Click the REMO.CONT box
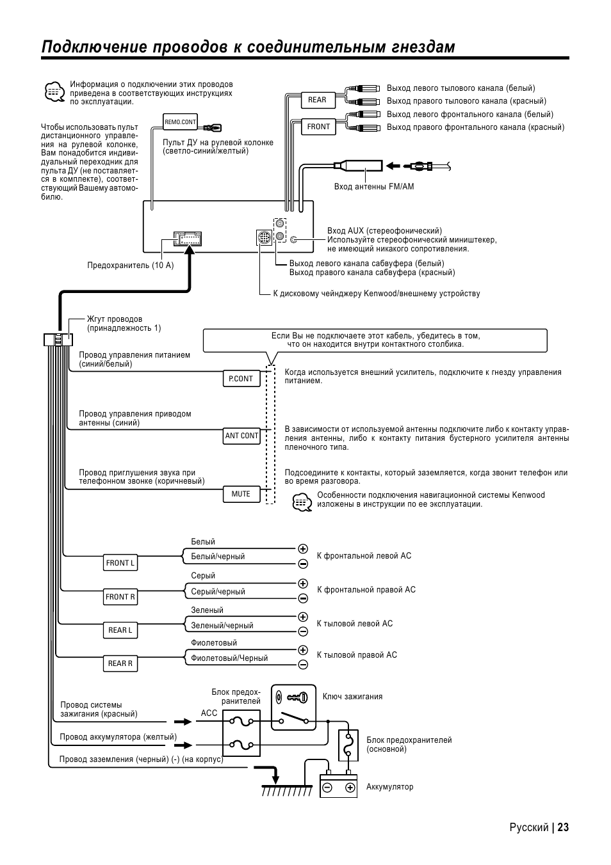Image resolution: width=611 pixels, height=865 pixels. point(180,122)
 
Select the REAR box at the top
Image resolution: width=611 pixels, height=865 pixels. point(318,100)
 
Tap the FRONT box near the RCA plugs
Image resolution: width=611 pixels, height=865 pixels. point(318,127)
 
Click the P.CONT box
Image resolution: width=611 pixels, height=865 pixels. point(241,379)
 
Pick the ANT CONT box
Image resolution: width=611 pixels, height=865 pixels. point(241,436)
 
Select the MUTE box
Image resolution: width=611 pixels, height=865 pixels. point(241,494)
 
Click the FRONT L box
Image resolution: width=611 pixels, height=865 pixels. point(120,563)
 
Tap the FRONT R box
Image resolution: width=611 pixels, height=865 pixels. point(120,597)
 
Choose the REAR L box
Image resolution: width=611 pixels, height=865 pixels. point(120,630)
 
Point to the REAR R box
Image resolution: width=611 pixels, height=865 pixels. point(120,663)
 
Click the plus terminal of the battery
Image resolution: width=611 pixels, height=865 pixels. point(350,788)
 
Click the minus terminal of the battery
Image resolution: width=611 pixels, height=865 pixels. point(327,788)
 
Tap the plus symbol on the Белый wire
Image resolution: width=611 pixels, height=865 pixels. point(303,549)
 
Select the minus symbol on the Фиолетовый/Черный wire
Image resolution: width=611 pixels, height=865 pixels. point(303,665)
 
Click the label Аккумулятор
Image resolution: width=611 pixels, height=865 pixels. point(390,787)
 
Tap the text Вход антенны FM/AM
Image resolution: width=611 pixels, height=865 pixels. point(374,187)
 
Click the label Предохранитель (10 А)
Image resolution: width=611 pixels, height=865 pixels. point(131,266)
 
